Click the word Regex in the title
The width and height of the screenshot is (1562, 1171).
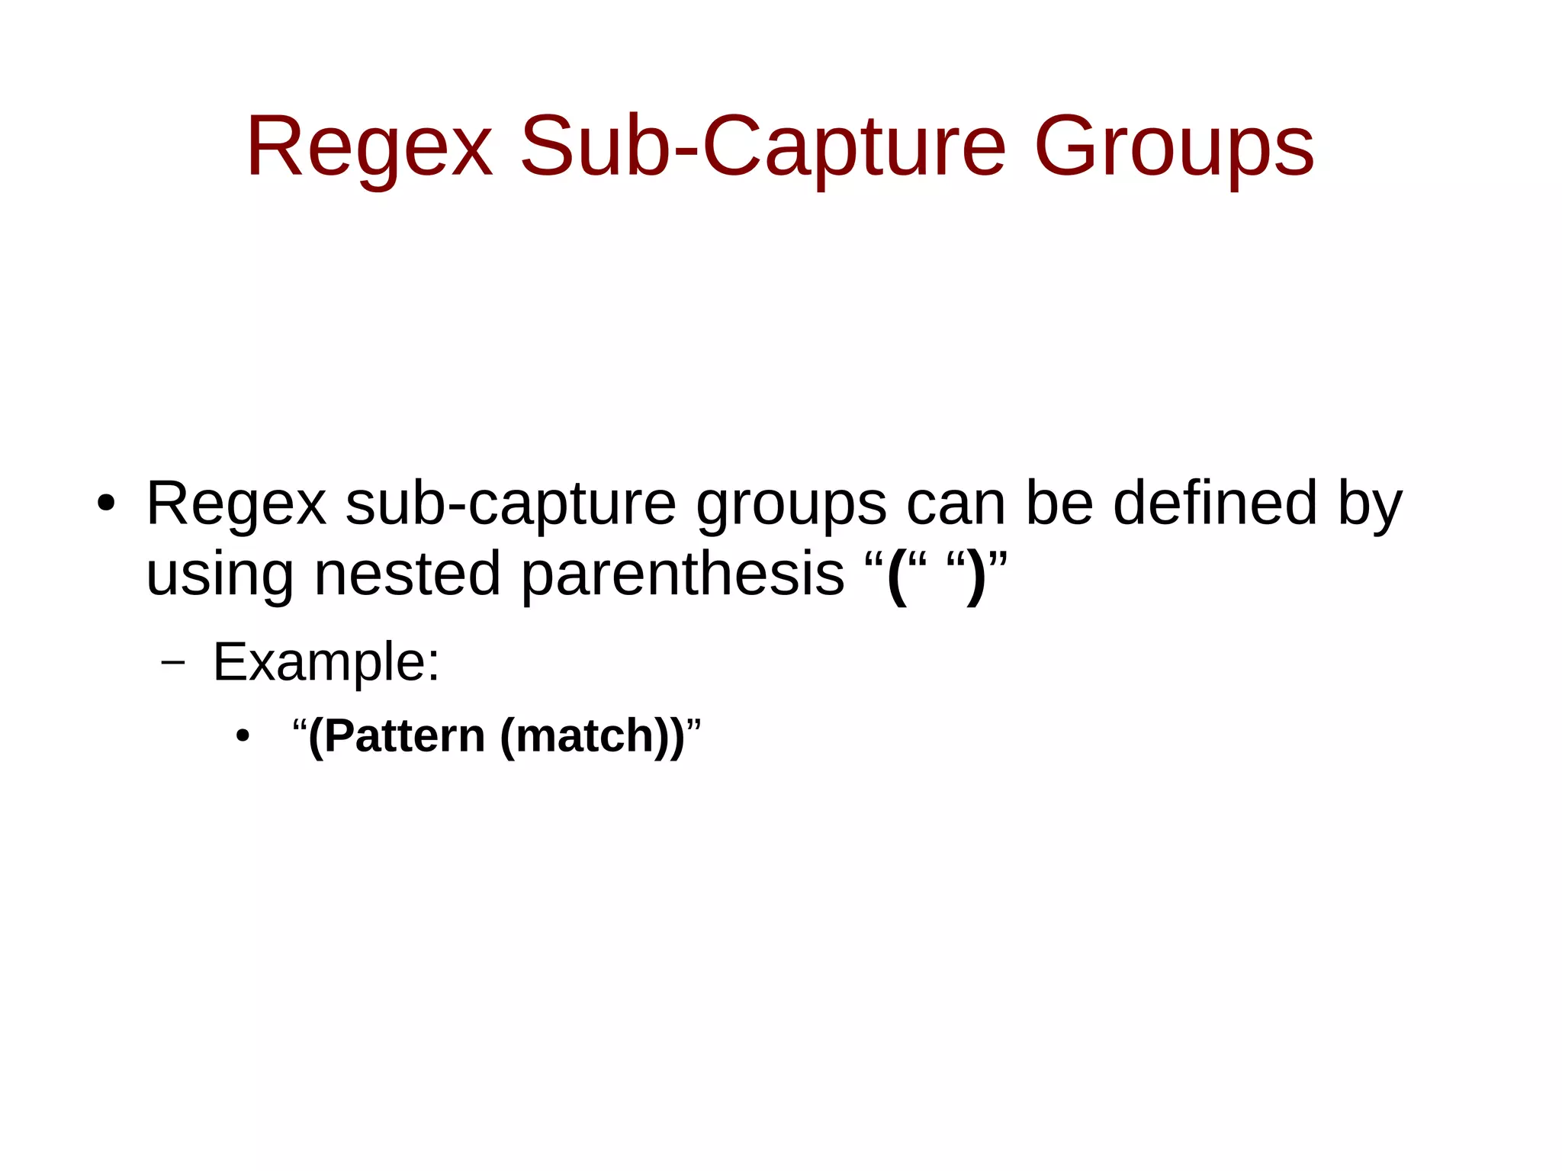[369, 146]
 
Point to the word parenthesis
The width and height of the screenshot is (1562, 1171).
[683, 574]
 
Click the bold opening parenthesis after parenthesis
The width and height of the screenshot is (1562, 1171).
[898, 576]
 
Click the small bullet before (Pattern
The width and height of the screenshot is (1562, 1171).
[243, 737]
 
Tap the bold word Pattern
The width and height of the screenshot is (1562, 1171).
[404, 736]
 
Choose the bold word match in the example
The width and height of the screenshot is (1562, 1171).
[583, 736]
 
